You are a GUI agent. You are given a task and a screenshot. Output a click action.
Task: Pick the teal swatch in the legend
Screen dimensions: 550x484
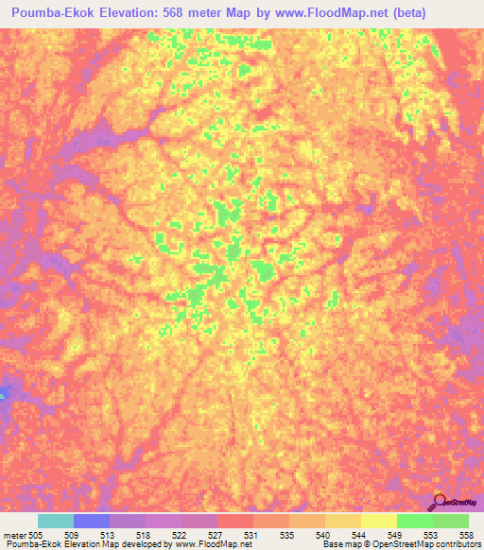(56, 521)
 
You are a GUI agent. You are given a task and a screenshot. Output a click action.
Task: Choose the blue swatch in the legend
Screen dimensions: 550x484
(92, 521)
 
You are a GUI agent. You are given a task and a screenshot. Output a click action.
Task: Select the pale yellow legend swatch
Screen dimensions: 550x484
(379, 521)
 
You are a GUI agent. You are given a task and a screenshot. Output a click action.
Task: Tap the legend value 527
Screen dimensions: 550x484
(216, 534)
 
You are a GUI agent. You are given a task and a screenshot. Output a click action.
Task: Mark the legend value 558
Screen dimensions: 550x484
(467, 534)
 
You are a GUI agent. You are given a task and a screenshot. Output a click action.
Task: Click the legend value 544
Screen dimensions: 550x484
(359, 534)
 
